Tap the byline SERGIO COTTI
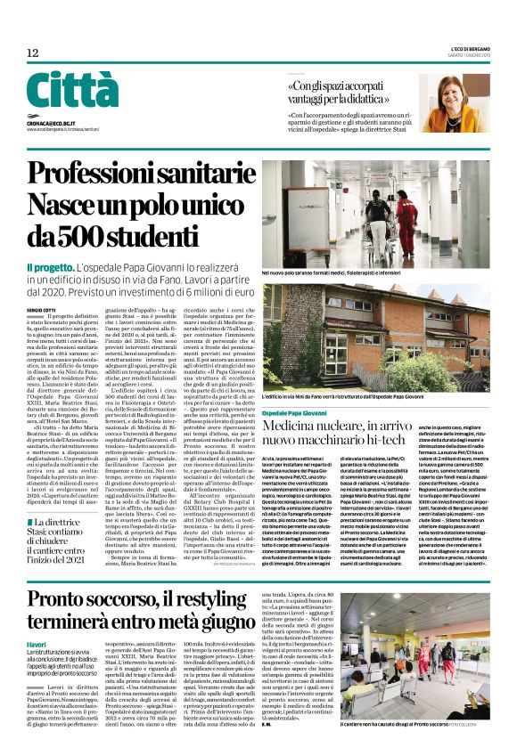(44, 310)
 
